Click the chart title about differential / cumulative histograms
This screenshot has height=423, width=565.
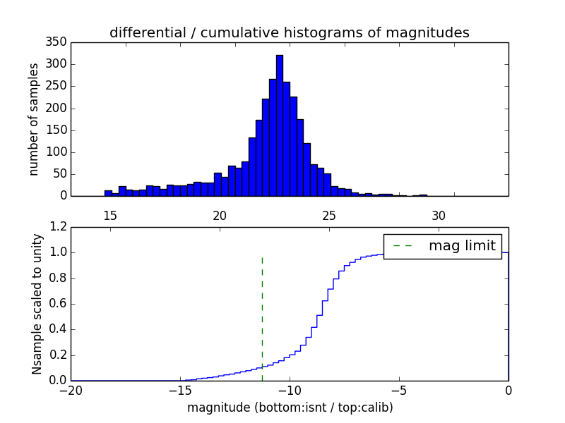point(289,32)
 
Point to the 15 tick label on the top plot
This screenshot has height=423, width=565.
point(110,216)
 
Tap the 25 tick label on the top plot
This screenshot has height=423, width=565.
point(329,216)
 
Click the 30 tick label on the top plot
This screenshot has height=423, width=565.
point(439,216)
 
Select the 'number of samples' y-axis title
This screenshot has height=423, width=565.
point(34,119)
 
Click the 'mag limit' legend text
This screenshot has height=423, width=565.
point(462,245)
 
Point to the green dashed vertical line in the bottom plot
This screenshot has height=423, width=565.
point(262,310)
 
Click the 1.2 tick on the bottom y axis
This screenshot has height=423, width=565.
point(56,227)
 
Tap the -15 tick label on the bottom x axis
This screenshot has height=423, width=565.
point(179,391)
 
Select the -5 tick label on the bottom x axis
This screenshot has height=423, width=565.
point(398,391)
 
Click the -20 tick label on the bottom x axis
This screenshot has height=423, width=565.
point(70,391)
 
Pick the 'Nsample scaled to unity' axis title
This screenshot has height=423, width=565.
point(37,304)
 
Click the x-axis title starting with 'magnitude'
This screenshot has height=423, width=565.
point(290,407)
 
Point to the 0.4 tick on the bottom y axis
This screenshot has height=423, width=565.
point(56,329)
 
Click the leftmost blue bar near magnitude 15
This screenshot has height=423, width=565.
point(108,192)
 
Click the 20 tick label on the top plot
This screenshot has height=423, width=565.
point(220,216)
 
